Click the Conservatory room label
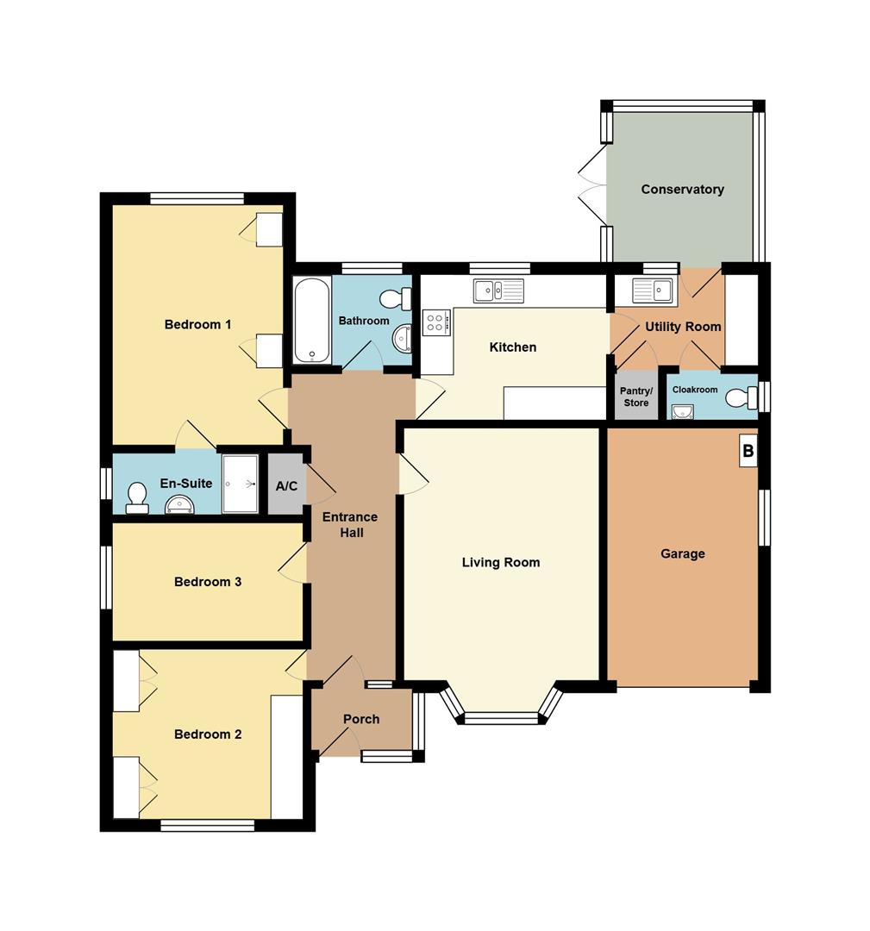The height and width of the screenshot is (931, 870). (682, 190)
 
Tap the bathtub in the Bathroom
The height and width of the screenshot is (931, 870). (312, 320)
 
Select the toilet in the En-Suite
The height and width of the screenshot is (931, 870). (137, 498)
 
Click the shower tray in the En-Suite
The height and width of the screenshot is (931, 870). (241, 484)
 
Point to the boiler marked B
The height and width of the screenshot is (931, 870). (748, 451)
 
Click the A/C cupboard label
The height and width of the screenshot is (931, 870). (286, 486)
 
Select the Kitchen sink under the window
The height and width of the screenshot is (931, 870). (499, 291)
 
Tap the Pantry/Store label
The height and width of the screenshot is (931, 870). (636, 397)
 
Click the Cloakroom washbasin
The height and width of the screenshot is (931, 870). (683, 411)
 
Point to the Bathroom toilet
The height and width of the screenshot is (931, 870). (396, 298)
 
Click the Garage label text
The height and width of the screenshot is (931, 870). (683, 554)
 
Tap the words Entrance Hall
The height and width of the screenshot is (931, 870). (350, 525)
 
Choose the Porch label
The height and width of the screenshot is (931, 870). (361, 719)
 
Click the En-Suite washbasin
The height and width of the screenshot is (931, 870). (178, 504)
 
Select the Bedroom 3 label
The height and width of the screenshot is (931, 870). (208, 582)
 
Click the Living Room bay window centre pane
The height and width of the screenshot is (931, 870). (502, 718)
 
